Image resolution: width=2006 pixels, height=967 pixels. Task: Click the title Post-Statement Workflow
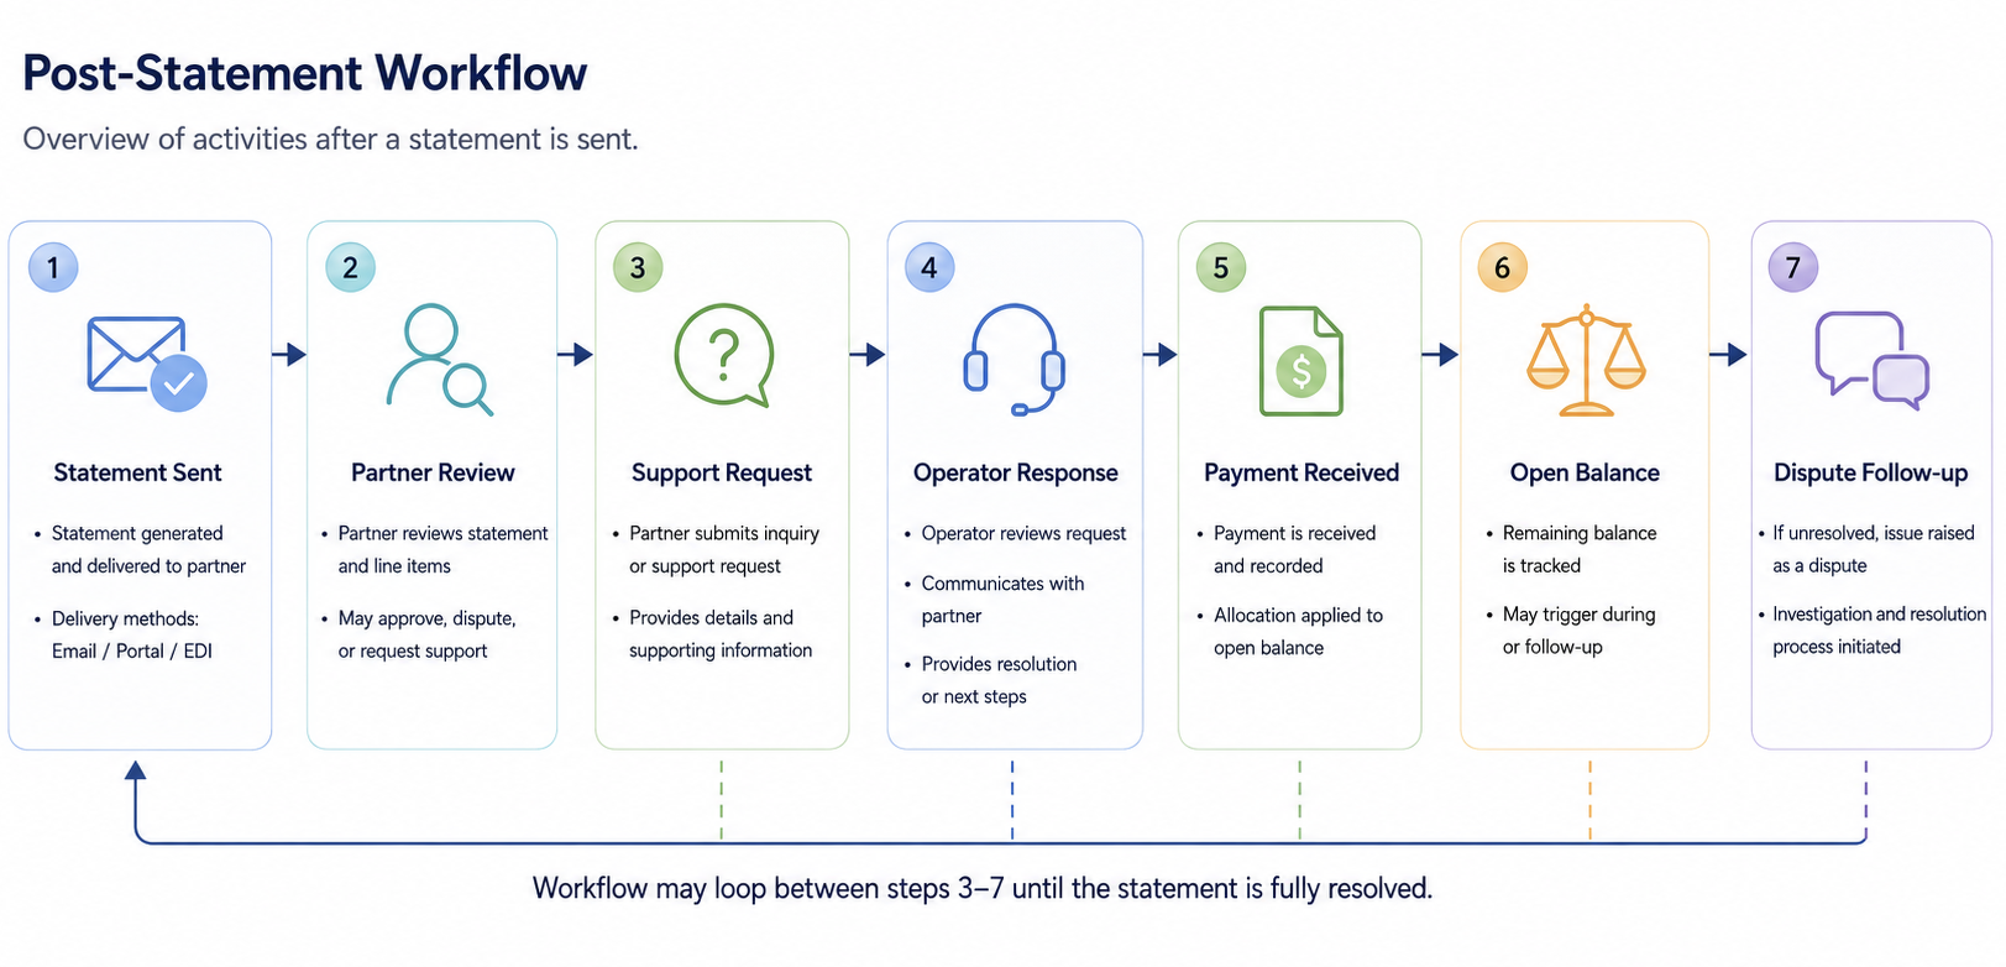pyautogui.click(x=305, y=73)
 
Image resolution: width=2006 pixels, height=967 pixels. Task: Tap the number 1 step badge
pyautogui.click(x=53, y=267)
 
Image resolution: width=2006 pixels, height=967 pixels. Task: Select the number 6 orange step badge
pyautogui.click(x=1502, y=267)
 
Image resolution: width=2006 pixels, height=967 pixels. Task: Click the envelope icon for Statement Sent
pyautogui.click(x=146, y=362)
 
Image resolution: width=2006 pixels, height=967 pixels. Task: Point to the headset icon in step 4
pyautogui.click(x=1014, y=359)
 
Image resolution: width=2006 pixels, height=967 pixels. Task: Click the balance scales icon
pyautogui.click(x=1586, y=360)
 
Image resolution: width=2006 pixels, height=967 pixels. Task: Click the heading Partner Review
pyautogui.click(x=433, y=472)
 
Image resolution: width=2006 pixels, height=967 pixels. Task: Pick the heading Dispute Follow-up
pyautogui.click(x=1871, y=473)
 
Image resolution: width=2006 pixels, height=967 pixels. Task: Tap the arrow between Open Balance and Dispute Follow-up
pyautogui.click(x=1728, y=354)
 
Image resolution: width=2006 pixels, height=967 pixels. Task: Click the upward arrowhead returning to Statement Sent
pyautogui.click(x=135, y=770)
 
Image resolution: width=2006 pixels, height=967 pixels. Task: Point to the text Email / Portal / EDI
pyautogui.click(x=132, y=650)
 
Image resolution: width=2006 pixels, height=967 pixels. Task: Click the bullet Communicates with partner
pyautogui.click(x=1002, y=599)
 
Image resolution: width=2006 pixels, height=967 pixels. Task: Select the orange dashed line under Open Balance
pyautogui.click(x=1590, y=800)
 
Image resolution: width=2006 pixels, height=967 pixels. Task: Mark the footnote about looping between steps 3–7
pyautogui.click(x=982, y=888)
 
